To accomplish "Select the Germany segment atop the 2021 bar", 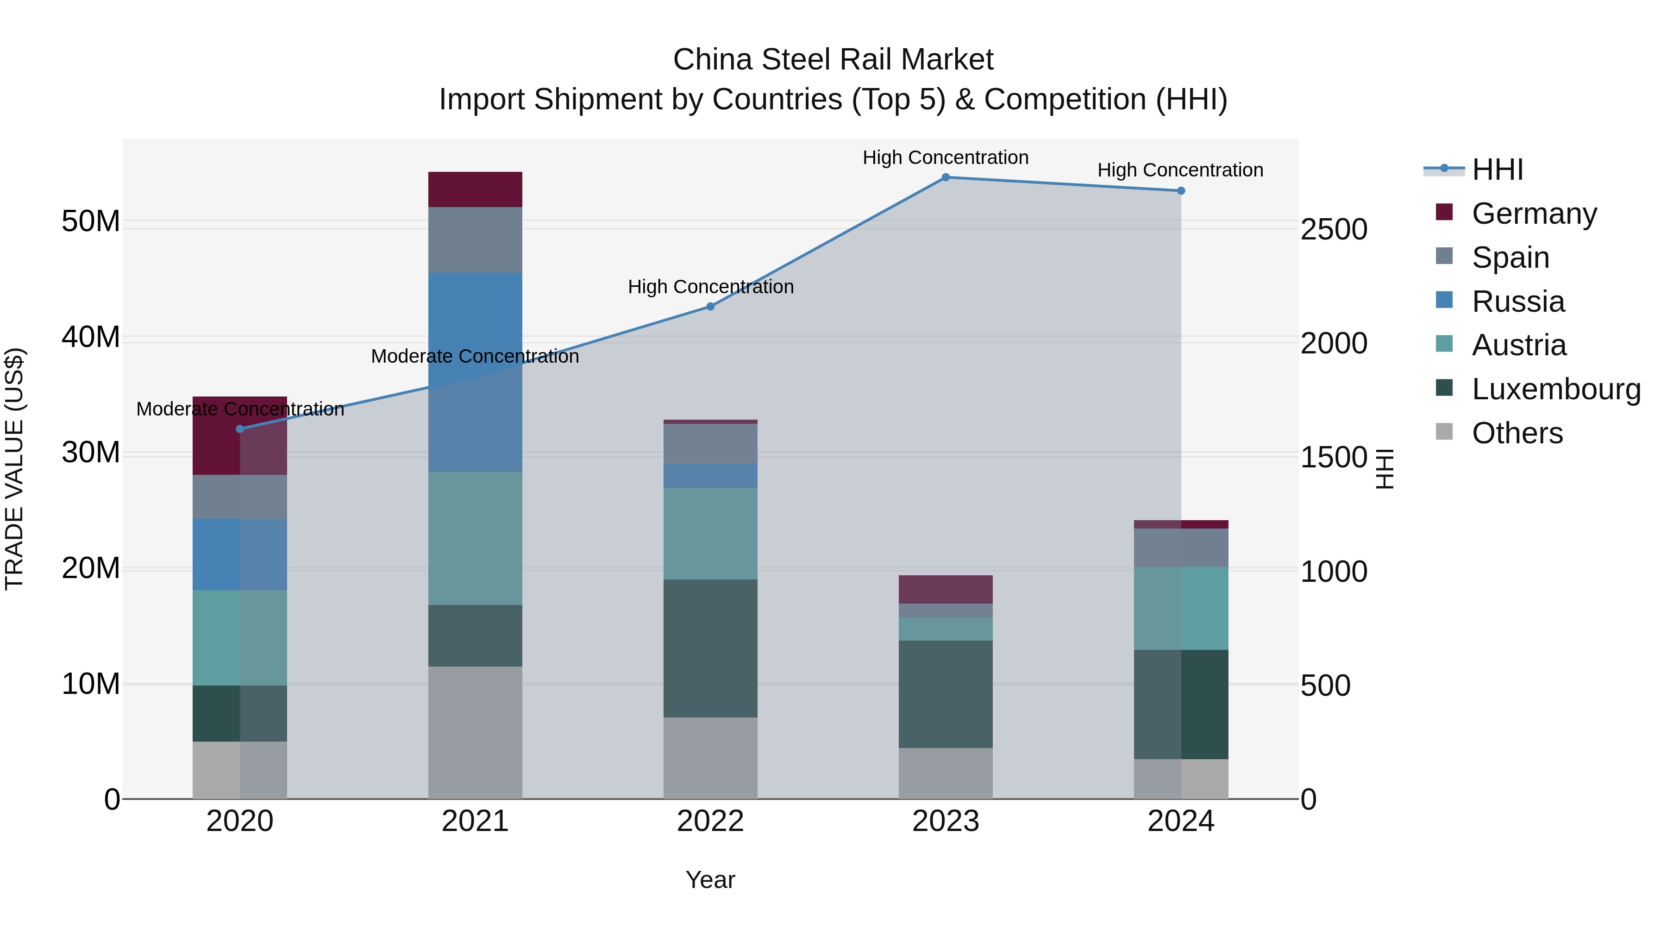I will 475,189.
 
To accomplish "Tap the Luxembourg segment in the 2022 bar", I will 710,648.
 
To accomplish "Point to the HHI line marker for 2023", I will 946,177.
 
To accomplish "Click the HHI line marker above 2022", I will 710,306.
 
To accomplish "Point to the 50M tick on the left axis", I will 91,221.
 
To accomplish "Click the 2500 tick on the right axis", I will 1333,230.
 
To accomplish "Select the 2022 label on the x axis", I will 710,821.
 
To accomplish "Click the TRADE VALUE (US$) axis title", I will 14,469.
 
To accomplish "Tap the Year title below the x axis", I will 710,880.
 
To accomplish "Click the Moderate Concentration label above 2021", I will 475,356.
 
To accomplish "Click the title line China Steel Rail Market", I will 833,60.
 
